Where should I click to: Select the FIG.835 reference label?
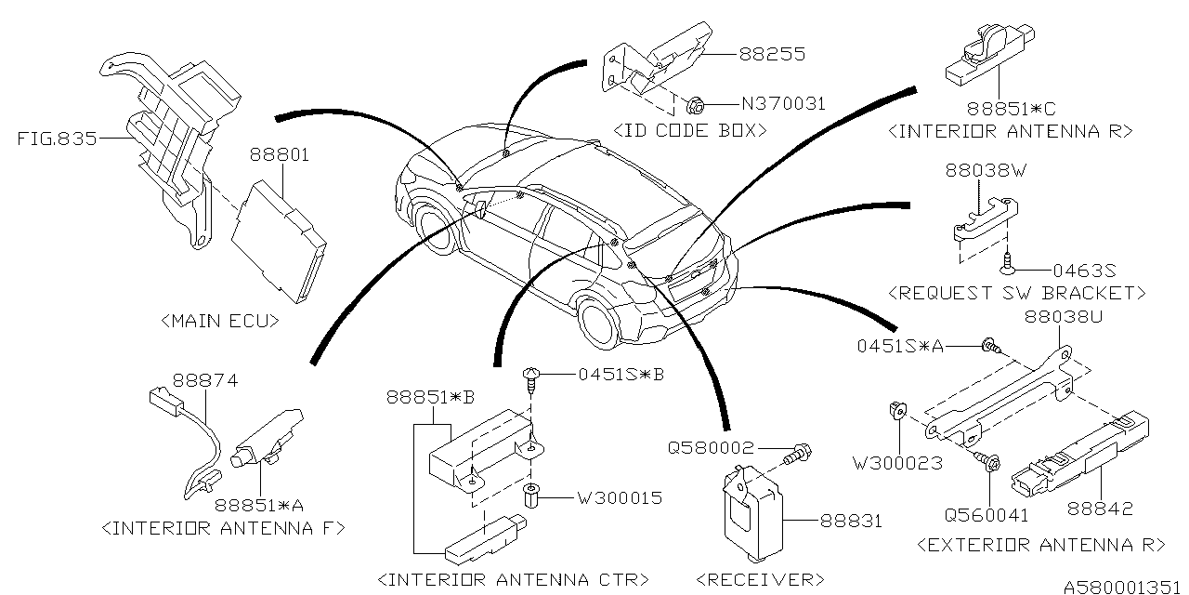click(57, 140)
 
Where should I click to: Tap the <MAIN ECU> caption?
click(220, 322)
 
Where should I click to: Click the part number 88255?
click(772, 55)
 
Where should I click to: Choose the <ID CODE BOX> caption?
click(691, 130)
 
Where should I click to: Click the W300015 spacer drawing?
click(531, 497)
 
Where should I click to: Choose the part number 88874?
click(205, 380)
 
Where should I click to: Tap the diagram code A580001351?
click(1120, 587)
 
